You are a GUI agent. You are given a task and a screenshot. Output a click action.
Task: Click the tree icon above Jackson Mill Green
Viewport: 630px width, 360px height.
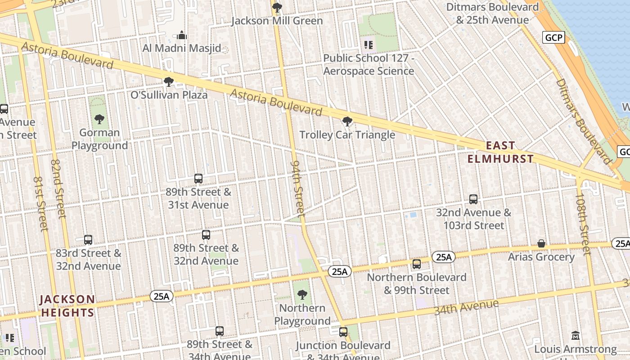pos(277,7)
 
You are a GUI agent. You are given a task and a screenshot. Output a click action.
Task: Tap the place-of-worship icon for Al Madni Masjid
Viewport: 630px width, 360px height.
pos(182,35)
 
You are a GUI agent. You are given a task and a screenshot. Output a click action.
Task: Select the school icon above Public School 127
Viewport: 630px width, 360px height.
pos(369,45)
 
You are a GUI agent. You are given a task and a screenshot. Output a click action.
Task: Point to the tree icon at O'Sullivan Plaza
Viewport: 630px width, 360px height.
pos(169,82)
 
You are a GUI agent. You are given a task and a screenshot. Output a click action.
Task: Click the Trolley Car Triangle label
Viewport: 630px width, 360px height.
pos(347,135)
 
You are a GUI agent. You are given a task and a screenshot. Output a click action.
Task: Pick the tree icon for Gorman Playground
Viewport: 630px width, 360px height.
pos(99,119)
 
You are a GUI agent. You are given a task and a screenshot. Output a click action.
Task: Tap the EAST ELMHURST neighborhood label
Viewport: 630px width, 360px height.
pos(500,152)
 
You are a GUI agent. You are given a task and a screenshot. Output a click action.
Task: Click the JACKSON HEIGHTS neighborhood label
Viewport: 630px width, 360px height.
pos(67,306)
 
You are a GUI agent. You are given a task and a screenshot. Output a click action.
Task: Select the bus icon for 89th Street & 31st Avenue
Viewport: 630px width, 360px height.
pos(198,179)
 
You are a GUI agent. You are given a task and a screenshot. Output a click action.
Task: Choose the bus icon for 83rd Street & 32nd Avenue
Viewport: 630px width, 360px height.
pos(88,240)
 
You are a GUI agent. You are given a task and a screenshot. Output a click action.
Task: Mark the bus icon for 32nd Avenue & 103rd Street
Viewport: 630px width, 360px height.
pos(473,199)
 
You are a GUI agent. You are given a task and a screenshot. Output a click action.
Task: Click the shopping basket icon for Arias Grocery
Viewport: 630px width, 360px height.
pos(541,243)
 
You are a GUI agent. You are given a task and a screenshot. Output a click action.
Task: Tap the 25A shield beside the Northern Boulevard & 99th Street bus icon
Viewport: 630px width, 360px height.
pos(444,257)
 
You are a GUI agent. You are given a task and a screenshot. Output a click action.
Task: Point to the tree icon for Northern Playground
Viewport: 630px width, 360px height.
pos(302,295)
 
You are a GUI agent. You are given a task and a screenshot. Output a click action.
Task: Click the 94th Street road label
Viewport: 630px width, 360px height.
pos(298,188)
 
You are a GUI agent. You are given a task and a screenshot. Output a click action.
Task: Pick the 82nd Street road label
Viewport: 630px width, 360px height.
pos(58,189)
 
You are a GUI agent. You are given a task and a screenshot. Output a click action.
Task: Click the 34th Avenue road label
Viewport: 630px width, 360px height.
pos(466,307)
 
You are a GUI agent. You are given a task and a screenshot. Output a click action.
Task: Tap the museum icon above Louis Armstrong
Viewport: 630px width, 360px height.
pos(576,336)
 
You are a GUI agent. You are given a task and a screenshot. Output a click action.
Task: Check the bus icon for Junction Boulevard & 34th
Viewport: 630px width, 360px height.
pos(343,332)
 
